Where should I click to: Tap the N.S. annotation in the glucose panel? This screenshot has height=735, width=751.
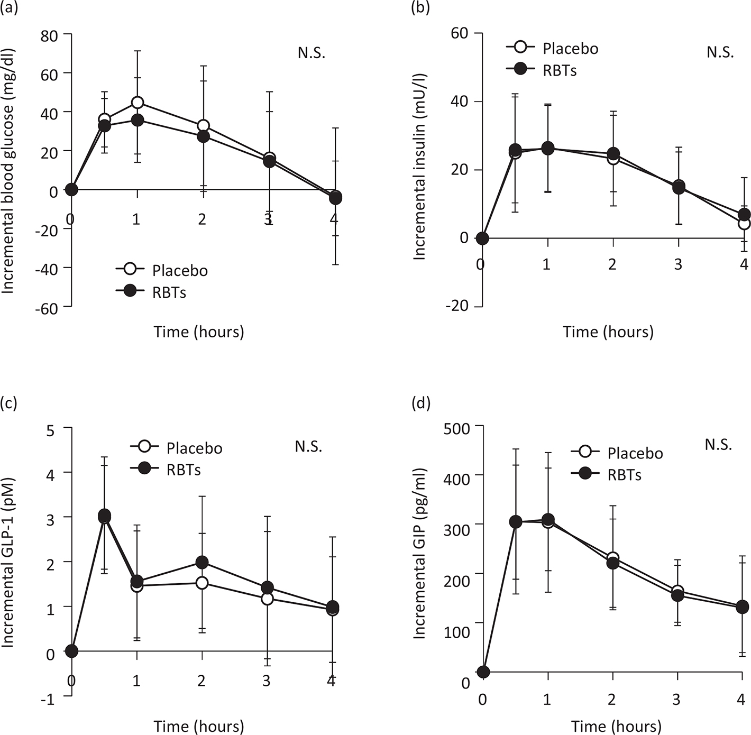point(311,53)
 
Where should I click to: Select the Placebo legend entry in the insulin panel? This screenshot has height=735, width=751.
point(570,48)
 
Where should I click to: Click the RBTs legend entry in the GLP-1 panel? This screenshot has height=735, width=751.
point(183,470)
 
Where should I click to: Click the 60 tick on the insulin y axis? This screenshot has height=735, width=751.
point(460,33)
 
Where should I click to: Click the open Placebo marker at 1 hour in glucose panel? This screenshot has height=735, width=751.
point(138,102)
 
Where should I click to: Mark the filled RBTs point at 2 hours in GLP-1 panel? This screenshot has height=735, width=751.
point(202,562)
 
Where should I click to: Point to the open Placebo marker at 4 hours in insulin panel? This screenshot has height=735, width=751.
point(744,224)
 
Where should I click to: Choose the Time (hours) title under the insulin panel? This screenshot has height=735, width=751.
point(608,332)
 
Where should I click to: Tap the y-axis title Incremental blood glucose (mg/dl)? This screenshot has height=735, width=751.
point(8,170)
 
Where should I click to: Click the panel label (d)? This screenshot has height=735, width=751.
point(420,403)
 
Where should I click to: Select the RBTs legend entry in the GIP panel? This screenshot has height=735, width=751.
point(624,475)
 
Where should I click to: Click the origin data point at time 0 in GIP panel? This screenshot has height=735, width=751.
point(483,672)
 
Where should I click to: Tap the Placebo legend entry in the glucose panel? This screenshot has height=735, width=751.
point(180,270)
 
